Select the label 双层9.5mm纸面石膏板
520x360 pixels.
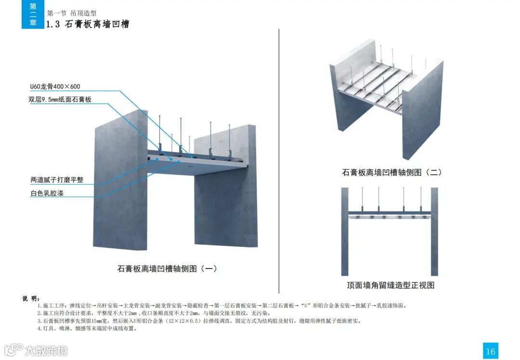click(60, 100)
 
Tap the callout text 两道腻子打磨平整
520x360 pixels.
click(57, 180)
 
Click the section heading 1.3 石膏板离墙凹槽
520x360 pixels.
click(88, 24)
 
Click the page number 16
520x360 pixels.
click(490, 351)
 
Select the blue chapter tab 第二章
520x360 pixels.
click(33, 14)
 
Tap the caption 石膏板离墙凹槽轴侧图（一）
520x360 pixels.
click(167, 269)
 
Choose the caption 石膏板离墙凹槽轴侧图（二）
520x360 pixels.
click(392, 172)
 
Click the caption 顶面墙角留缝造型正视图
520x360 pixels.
click(390, 285)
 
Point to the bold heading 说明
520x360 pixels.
click(31, 298)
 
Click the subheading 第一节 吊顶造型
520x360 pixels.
click(72, 13)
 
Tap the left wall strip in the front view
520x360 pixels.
click(345, 231)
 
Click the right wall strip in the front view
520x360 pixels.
click(434, 231)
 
